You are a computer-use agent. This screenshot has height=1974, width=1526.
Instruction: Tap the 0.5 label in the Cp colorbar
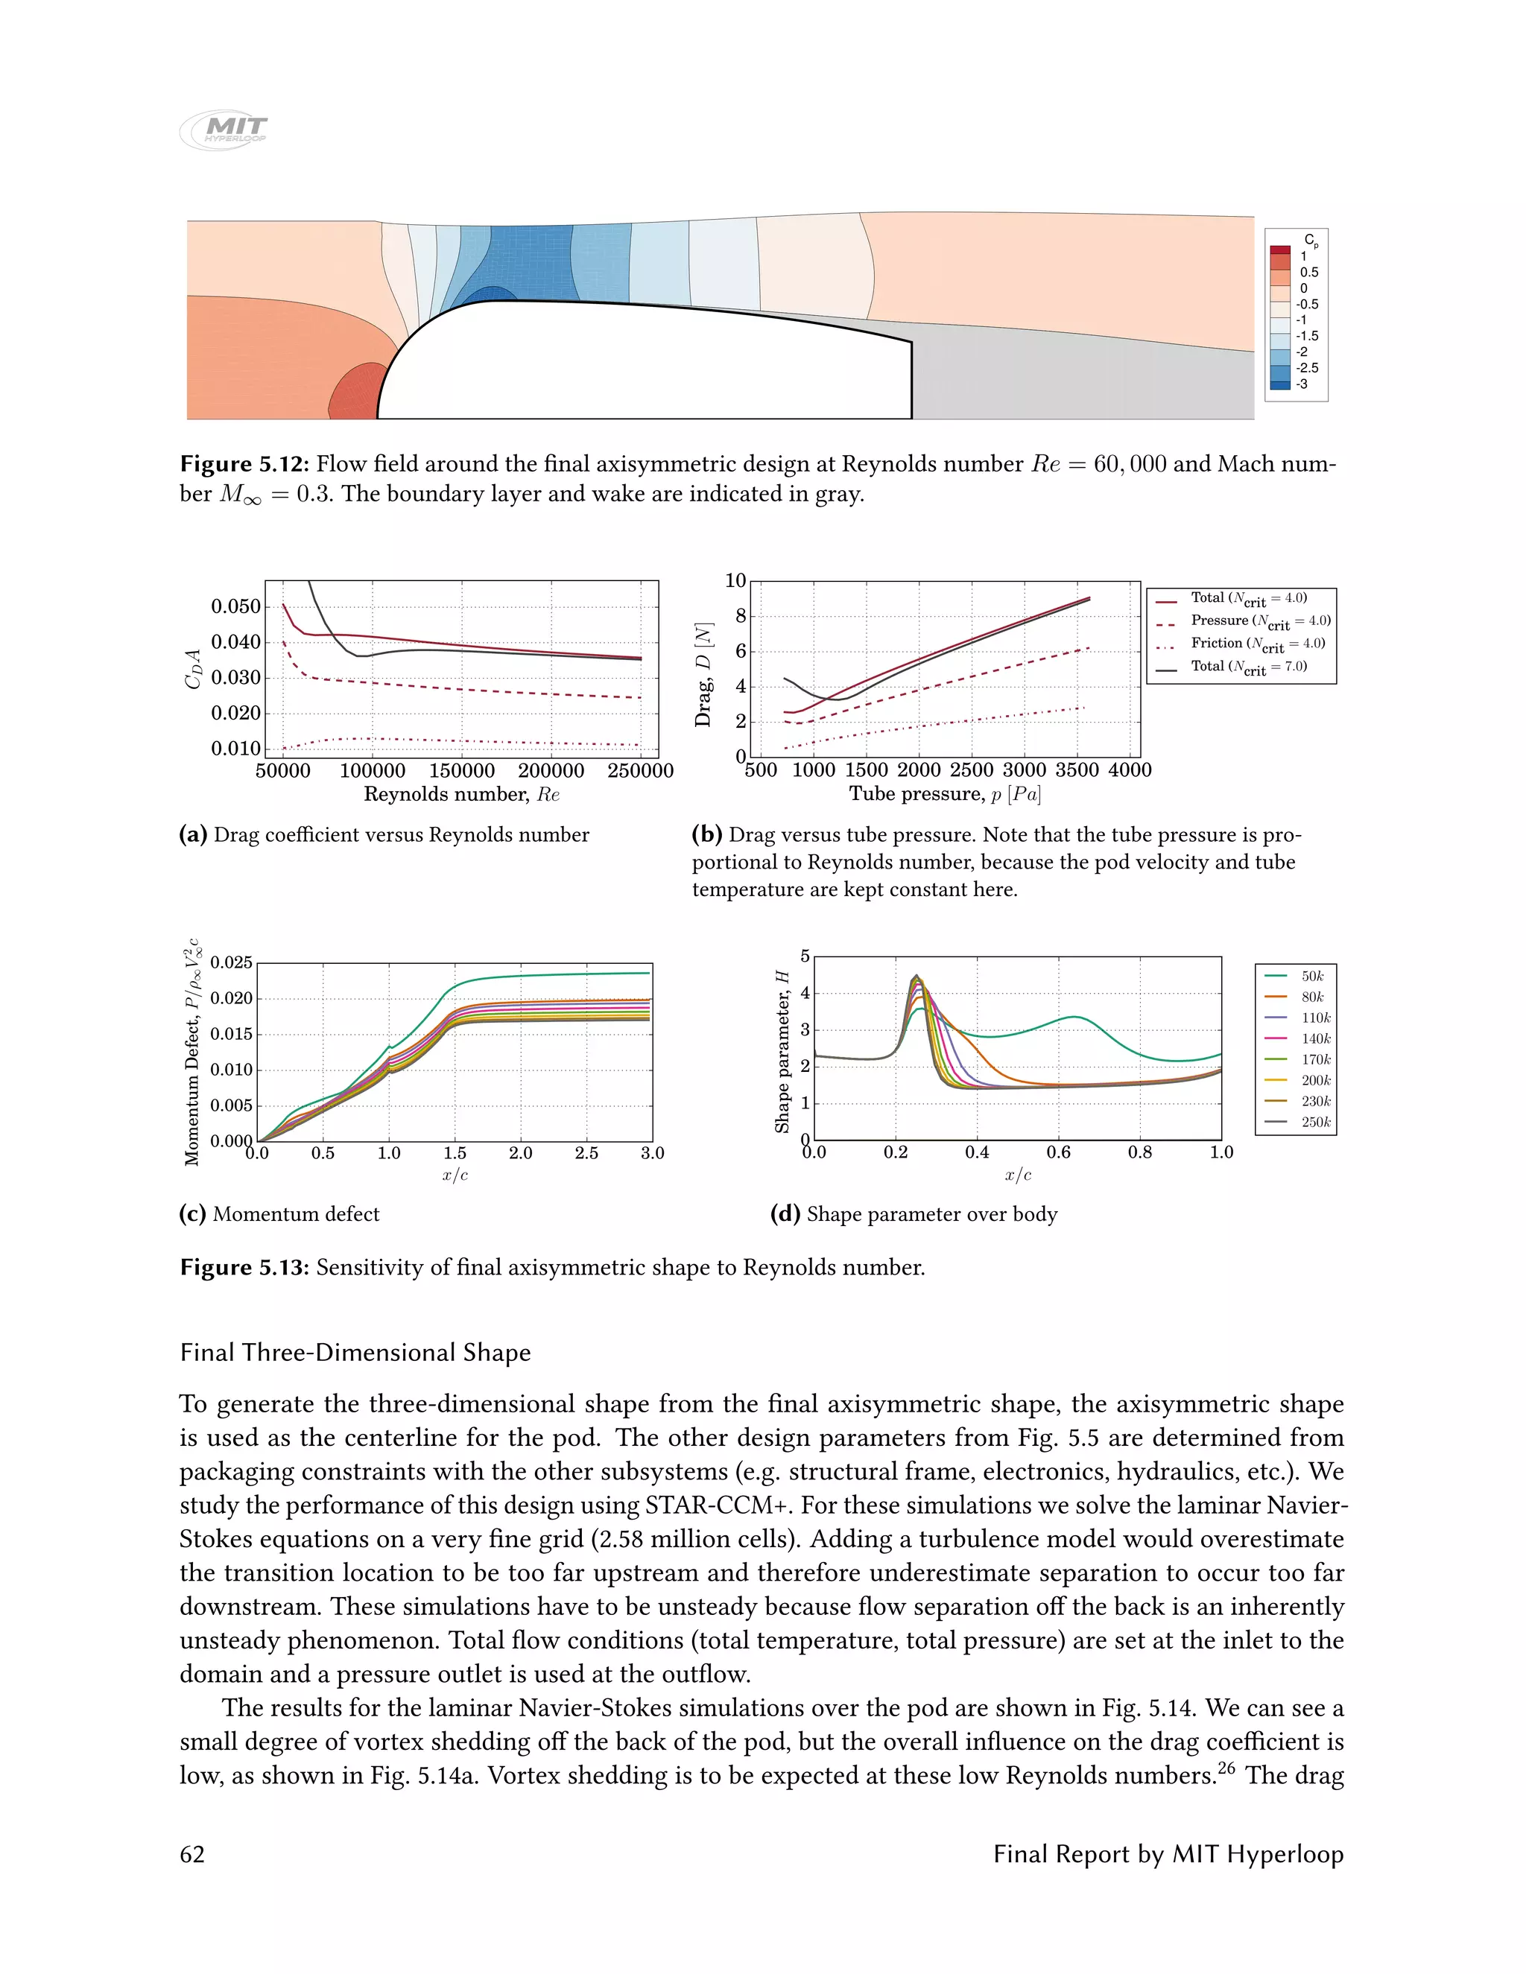1308,272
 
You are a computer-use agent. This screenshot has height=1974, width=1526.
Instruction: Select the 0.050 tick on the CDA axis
235,606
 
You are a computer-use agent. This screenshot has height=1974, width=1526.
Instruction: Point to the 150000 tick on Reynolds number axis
461,771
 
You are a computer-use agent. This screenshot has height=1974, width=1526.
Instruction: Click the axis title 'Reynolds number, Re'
461,795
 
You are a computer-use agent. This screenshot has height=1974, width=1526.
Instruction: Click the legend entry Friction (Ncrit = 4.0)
1256,644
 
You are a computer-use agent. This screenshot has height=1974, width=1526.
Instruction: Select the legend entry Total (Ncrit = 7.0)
1247,667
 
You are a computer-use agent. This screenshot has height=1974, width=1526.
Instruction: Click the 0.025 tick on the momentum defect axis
232,962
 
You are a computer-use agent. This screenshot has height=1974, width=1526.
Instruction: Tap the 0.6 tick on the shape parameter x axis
1059,1152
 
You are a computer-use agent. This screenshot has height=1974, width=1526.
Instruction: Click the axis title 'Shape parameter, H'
782,1051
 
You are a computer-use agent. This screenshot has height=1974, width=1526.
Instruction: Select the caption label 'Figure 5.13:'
244,1267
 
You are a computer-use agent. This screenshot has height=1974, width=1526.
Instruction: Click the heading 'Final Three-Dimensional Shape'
355,1353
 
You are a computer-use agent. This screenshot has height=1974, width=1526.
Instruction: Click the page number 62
192,1855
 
